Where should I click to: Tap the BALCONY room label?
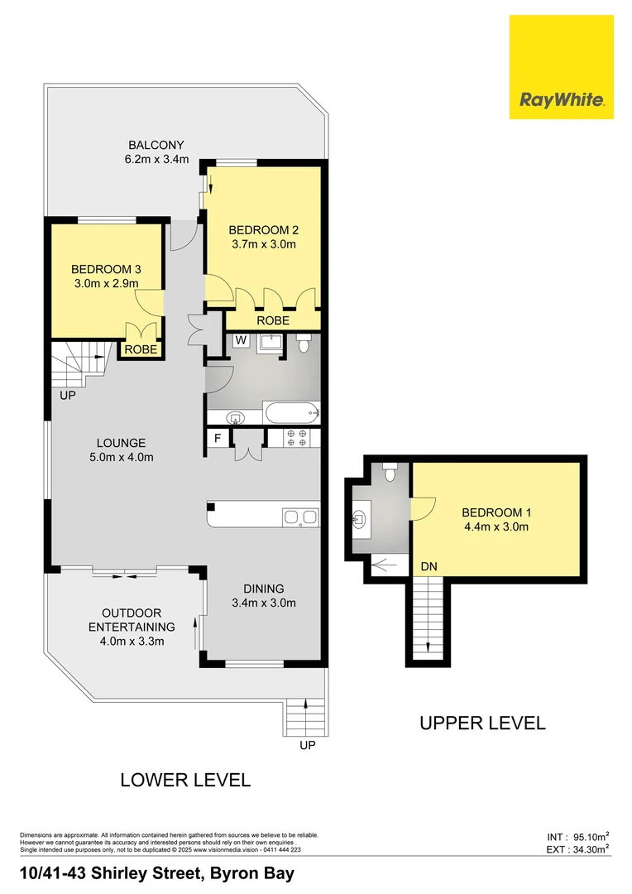pos(156,145)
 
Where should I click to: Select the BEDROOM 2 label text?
pos(262,230)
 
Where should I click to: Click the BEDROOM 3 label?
pos(104,269)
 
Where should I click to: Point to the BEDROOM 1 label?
pos(495,512)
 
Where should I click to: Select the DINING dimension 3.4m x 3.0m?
pos(263,603)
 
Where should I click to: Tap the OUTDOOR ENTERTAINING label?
pos(132,620)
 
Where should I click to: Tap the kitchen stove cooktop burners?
pos(296,439)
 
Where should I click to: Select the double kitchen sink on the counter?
pos(299,518)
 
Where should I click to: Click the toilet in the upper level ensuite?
pos(393,471)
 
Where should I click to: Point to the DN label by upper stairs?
pos(428,565)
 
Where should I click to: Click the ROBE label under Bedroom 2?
pos(272,320)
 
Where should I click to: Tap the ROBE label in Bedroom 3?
pos(140,349)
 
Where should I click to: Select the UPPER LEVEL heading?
pos(482,723)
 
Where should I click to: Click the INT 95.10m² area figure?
pos(578,835)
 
